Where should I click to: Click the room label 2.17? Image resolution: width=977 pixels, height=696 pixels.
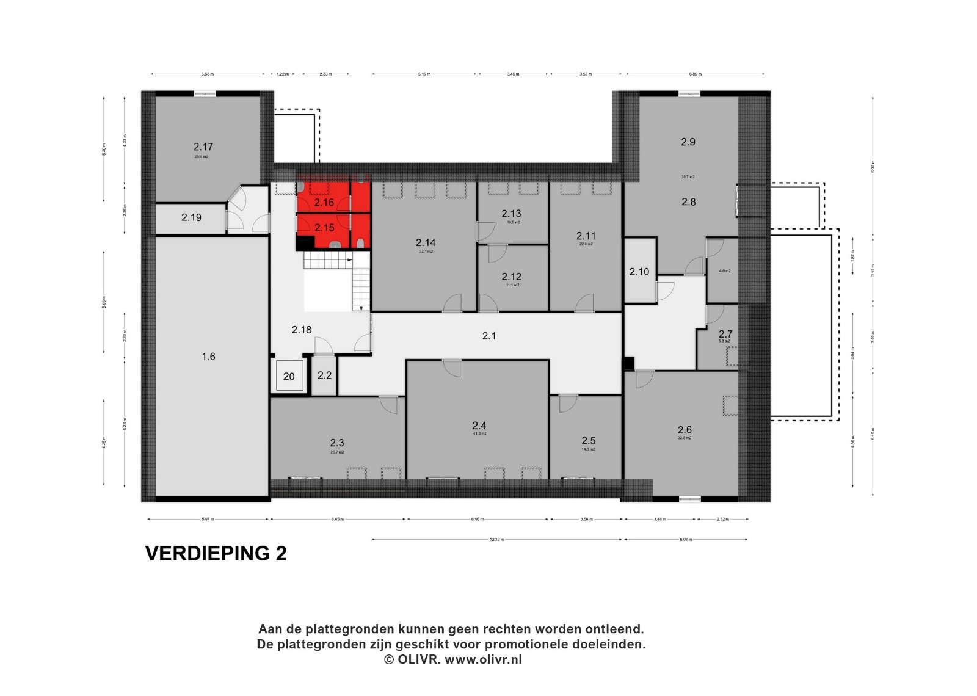tap(203, 147)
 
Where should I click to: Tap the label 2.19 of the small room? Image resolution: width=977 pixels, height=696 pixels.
tap(191, 217)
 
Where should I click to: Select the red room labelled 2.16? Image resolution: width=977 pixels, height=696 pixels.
tap(324, 203)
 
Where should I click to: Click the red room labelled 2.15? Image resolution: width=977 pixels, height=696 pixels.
tap(324, 228)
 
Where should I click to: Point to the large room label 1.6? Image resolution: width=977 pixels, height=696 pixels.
tap(209, 357)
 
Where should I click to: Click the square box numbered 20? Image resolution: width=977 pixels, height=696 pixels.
tap(289, 376)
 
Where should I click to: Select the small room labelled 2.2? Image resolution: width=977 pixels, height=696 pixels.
tap(324, 375)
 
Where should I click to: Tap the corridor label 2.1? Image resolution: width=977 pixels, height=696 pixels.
tap(489, 336)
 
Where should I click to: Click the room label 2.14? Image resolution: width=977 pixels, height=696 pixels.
tap(426, 243)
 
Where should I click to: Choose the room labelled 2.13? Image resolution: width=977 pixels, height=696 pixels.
tap(511, 214)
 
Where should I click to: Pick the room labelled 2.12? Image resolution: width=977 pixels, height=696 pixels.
tap(511, 277)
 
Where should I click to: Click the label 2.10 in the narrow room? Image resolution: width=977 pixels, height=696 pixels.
tap(639, 272)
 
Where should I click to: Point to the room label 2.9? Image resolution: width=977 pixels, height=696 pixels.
tap(688, 142)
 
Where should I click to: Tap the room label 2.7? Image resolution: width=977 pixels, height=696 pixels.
tap(725, 335)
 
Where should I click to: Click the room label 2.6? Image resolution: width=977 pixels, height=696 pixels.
tap(685, 430)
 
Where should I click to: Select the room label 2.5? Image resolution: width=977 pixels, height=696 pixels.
tap(588, 441)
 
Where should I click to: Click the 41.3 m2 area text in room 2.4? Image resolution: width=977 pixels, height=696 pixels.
tap(479, 434)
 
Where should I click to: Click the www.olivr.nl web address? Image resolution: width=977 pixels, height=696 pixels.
tap(483, 659)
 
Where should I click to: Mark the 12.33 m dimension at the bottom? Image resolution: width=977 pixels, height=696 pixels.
tap(496, 540)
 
